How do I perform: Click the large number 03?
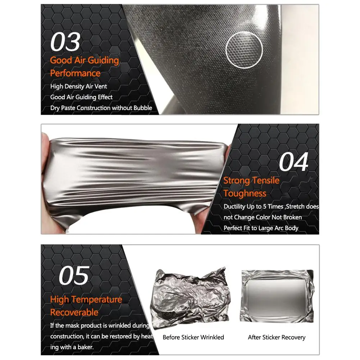[x=65, y=42]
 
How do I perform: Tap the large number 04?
[x=294, y=162]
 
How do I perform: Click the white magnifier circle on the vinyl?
[x=244, y=50]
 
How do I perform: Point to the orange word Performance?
[x=75, y=73]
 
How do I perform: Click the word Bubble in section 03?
[x=143, y=108]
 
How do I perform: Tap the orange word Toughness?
[x=245, y=193]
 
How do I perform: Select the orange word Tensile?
[x=266, y=181]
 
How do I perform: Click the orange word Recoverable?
[x=74, y=313]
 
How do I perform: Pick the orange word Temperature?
[x=96, y=300]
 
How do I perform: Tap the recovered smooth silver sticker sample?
[x=277, y=296]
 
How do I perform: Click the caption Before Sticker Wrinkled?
[x=193, y=337]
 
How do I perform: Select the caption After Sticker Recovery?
[x=277, y=337]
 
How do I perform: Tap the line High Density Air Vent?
[x=78, y=87]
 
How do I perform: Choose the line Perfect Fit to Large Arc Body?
[x=261, y=228]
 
